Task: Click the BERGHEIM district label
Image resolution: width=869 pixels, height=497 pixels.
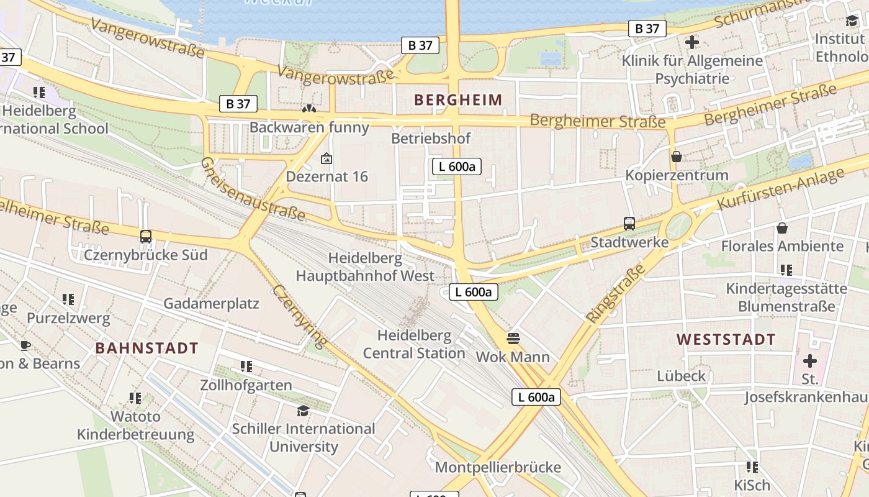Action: tap(458, 100)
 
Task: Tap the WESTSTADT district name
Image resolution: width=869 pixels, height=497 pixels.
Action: tap(726, 340)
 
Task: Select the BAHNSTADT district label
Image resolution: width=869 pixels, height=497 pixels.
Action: tap(146, 349)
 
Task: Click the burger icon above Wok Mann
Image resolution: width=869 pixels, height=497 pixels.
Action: tap(513, 339)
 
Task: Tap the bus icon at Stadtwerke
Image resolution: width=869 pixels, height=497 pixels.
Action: tap(629, 224)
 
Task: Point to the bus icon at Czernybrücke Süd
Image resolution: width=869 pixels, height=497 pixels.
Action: tap(146, 237)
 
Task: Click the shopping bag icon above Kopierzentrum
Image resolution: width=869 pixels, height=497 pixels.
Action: tap(677, 157)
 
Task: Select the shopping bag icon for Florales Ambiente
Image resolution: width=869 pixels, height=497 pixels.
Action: tap(782, 228)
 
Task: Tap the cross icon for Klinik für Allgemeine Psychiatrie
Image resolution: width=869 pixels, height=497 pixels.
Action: tap(692, 42)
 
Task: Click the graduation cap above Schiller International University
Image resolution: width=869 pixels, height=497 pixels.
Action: tap(303, 411)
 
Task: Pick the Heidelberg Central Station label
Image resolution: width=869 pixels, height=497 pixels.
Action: tap(414, 345)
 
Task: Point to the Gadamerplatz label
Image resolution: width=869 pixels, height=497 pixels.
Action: tap(211, 304)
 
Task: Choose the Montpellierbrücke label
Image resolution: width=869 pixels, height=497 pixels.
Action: tap(498, 467)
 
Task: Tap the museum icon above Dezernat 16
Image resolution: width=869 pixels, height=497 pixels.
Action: tap(326, 158)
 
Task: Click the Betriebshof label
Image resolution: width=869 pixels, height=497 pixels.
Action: tap(431, 139)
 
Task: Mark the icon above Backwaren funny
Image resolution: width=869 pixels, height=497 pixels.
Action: tap(308, 109)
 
